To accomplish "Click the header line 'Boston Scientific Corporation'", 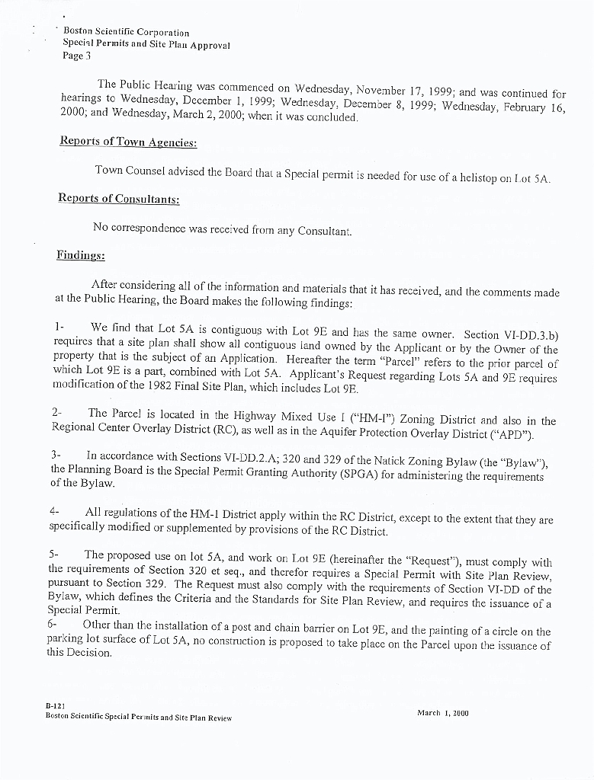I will coord(126,33).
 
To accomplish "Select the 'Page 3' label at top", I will coord(77,56).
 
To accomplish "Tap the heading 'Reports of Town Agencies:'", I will coord(128,142).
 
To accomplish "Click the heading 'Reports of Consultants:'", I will coord(119,199).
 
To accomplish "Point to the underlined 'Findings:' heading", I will coord(80,255).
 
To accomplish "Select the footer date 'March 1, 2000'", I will coord(442,714).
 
